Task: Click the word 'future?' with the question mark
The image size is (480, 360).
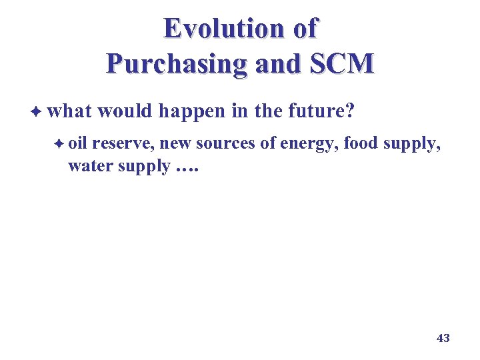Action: [x=322, y=111]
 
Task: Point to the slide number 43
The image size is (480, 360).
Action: [x=443, y=338]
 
